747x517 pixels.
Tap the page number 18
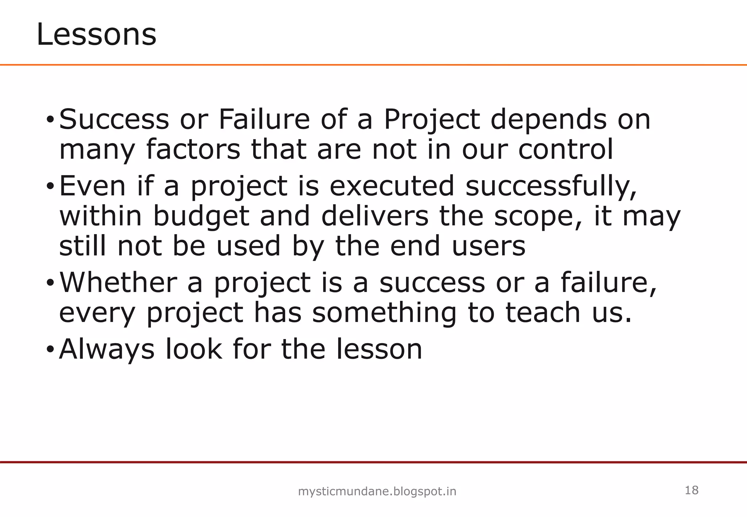pos(692,490)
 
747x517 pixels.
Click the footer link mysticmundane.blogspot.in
pos(377,492)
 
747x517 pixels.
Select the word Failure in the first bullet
pos(264,119)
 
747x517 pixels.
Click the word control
pos(566,149)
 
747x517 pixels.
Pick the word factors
pos(193,149)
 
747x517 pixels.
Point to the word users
pos(489,246)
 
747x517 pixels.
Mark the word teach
pos(543,313)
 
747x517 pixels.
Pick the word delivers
pos(375,216)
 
